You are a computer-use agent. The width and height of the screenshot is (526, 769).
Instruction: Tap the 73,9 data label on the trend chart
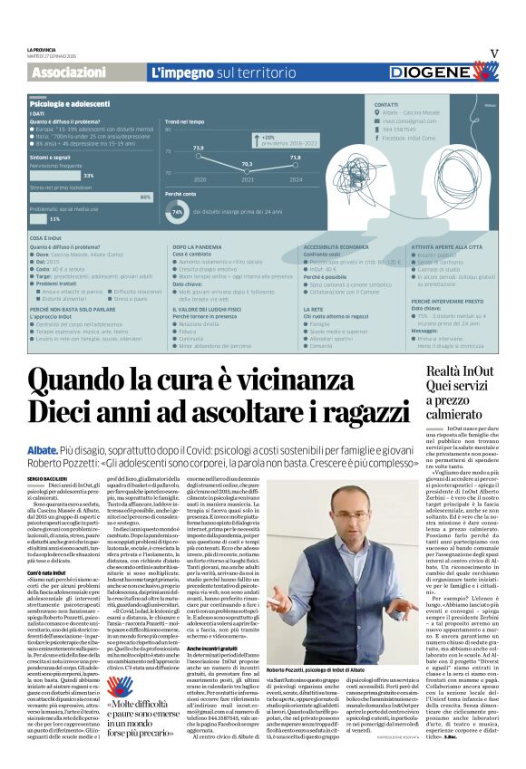pyautogui.click(x=199, y=146)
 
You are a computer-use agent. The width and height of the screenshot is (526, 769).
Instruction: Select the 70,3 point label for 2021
pyautogui.click(x=246, y=163)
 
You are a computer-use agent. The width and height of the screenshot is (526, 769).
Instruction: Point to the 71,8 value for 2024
pyautogui.click(x=295, y=157)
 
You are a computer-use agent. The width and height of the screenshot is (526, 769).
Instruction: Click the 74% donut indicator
pyautogui.click(x=178, y=212)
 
